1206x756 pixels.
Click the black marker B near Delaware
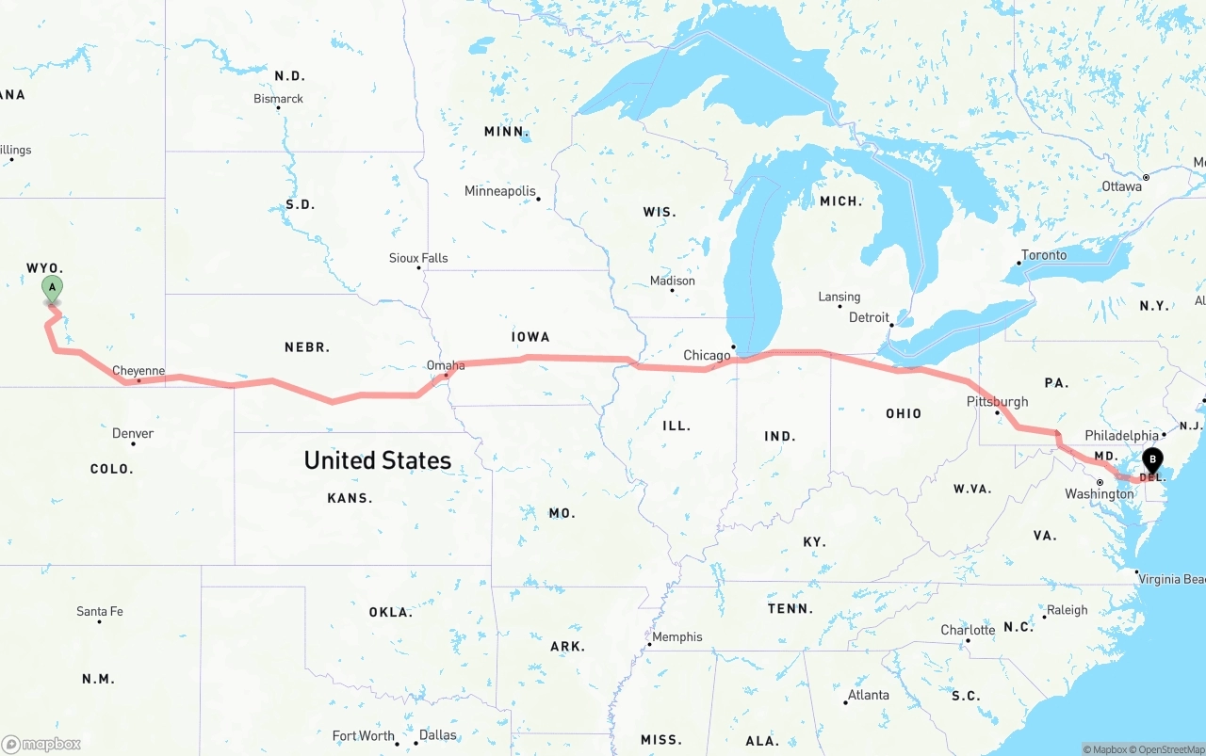[1151, 460]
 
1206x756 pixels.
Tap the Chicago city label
[707, 355]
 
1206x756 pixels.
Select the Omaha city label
[446, 365]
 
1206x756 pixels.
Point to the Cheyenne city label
[139, 371]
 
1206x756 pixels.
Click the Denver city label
[133, 433]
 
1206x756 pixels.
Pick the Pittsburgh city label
[997, 401]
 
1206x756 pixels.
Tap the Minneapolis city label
[499, 191]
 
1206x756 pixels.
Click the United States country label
[377, 460]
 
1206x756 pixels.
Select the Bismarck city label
[278, 99]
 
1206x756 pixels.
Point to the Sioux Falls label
[418, 258]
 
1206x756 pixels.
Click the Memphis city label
[676, 636]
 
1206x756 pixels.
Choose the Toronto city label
[1043, 255]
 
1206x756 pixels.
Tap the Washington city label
[1099, 494]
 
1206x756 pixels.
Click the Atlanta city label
[868, 695]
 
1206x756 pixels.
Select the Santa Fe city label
[99, 611]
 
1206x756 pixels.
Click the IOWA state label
[530, 336]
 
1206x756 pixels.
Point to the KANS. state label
[350, 497]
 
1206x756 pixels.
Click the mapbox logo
[41, 744]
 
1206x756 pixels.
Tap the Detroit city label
[869, 317]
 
